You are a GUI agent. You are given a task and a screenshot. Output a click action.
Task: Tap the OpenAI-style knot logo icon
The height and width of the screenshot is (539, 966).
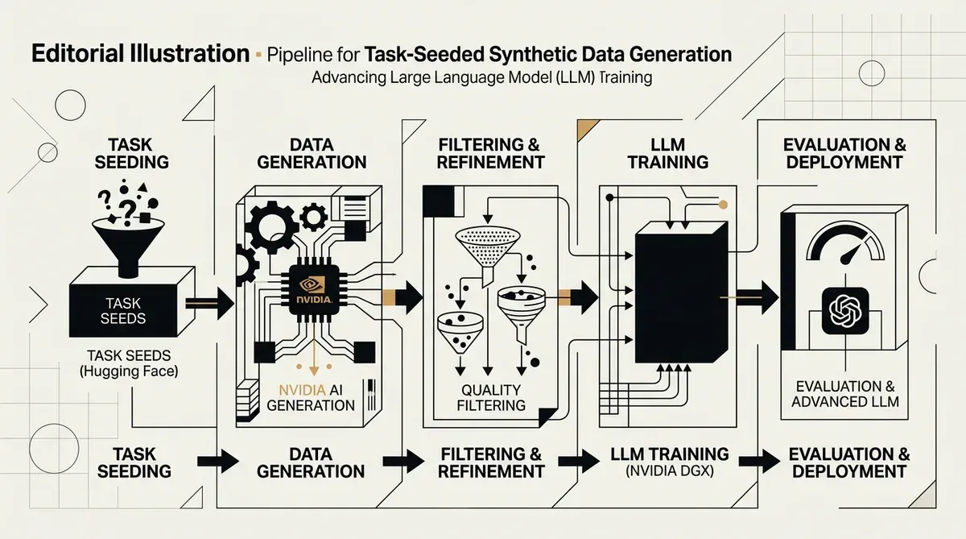point(845,311)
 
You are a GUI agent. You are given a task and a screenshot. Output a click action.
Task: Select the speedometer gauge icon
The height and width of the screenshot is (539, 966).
point(845,243)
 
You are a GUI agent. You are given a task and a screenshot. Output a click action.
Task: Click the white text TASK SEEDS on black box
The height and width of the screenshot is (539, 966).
point(123,311)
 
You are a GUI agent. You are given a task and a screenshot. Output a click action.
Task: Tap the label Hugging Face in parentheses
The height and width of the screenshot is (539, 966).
point(129,371)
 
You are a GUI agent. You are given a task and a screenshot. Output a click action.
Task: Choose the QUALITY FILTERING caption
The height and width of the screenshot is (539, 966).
point(491,397)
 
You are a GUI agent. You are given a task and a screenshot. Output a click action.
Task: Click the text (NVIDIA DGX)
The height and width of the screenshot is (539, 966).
point(669,471)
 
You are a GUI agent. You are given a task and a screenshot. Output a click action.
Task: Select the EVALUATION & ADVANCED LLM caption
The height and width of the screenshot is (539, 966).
point(845,394)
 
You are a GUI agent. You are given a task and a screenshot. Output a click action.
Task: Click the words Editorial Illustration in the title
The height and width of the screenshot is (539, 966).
point(141,53)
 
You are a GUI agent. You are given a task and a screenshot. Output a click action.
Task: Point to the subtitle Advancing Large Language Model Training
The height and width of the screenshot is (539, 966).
point(481,77)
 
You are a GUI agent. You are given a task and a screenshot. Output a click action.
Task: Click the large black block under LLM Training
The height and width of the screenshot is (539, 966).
point(681,292)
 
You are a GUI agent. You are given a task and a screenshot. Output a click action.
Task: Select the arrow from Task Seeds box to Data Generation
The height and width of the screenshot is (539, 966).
point(210,304)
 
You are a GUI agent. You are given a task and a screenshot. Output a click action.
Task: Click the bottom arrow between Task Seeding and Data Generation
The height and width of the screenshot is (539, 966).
point(218,461)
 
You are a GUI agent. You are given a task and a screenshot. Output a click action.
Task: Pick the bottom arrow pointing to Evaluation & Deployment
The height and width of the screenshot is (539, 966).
point(759,461)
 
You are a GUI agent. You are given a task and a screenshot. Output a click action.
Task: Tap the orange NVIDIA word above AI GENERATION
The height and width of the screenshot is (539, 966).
point(302,390)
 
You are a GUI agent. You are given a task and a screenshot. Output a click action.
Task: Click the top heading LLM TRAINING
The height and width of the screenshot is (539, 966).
point(668,154)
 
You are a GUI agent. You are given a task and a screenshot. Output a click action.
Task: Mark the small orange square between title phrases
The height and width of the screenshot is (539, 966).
point(258,54)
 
